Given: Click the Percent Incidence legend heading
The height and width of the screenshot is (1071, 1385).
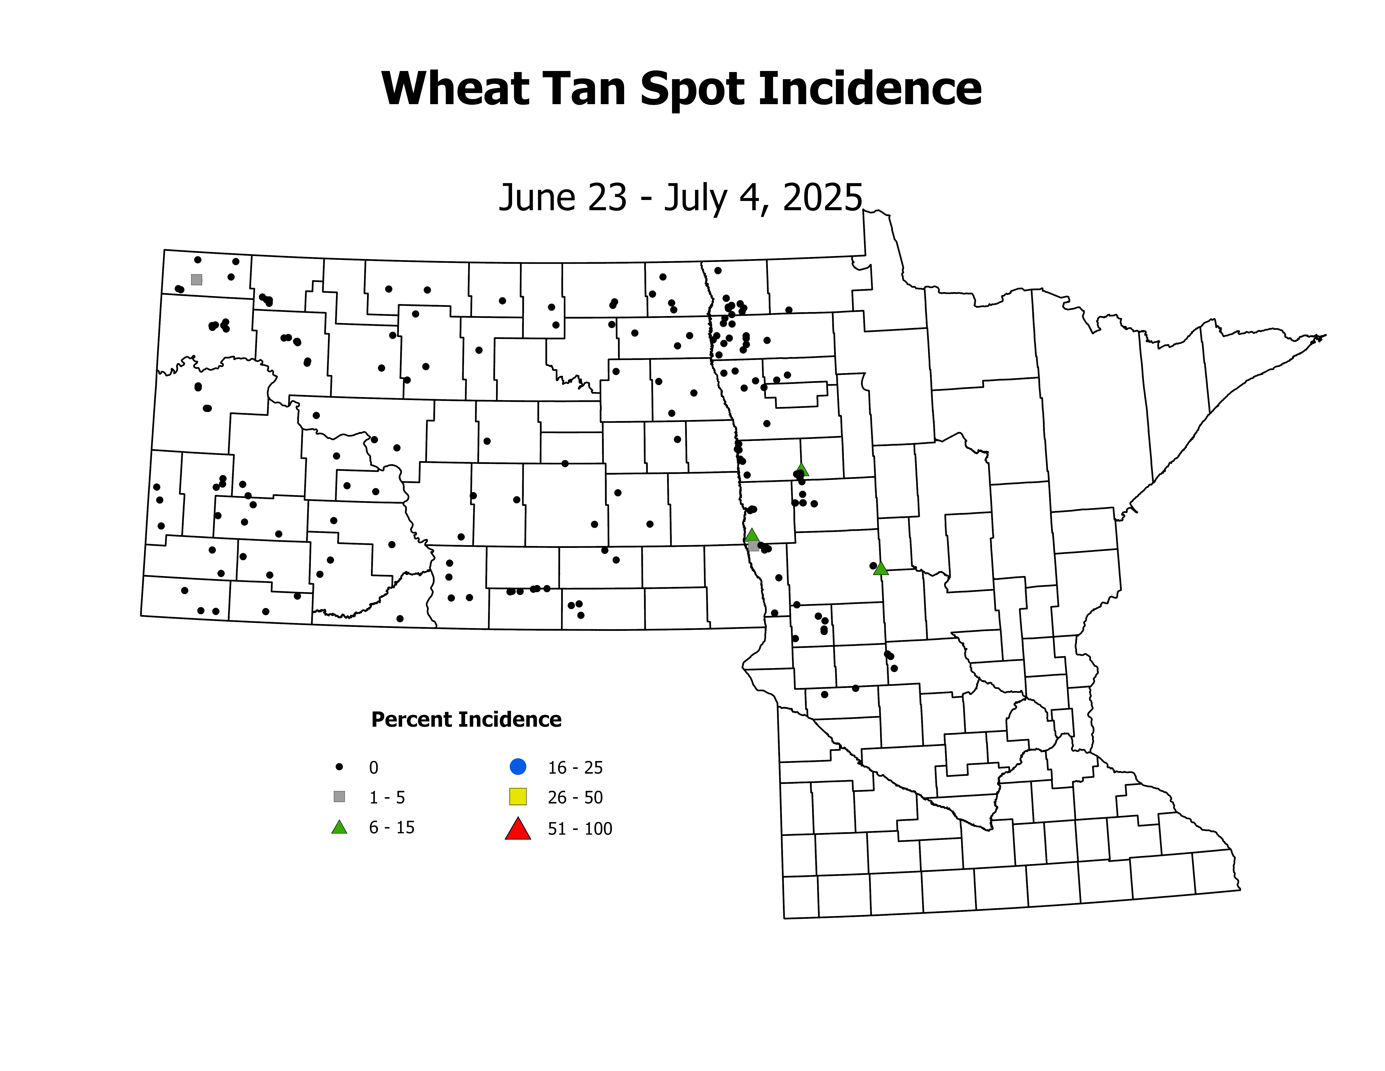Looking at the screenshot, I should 466,719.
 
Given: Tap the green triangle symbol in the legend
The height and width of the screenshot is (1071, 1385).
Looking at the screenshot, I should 339,827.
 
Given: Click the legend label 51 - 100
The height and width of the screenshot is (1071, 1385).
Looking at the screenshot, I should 580,829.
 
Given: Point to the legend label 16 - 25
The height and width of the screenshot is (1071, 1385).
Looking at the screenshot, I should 575,768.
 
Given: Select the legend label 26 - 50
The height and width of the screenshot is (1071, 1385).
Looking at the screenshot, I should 575,798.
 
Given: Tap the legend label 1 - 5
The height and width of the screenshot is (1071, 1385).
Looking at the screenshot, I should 387,798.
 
